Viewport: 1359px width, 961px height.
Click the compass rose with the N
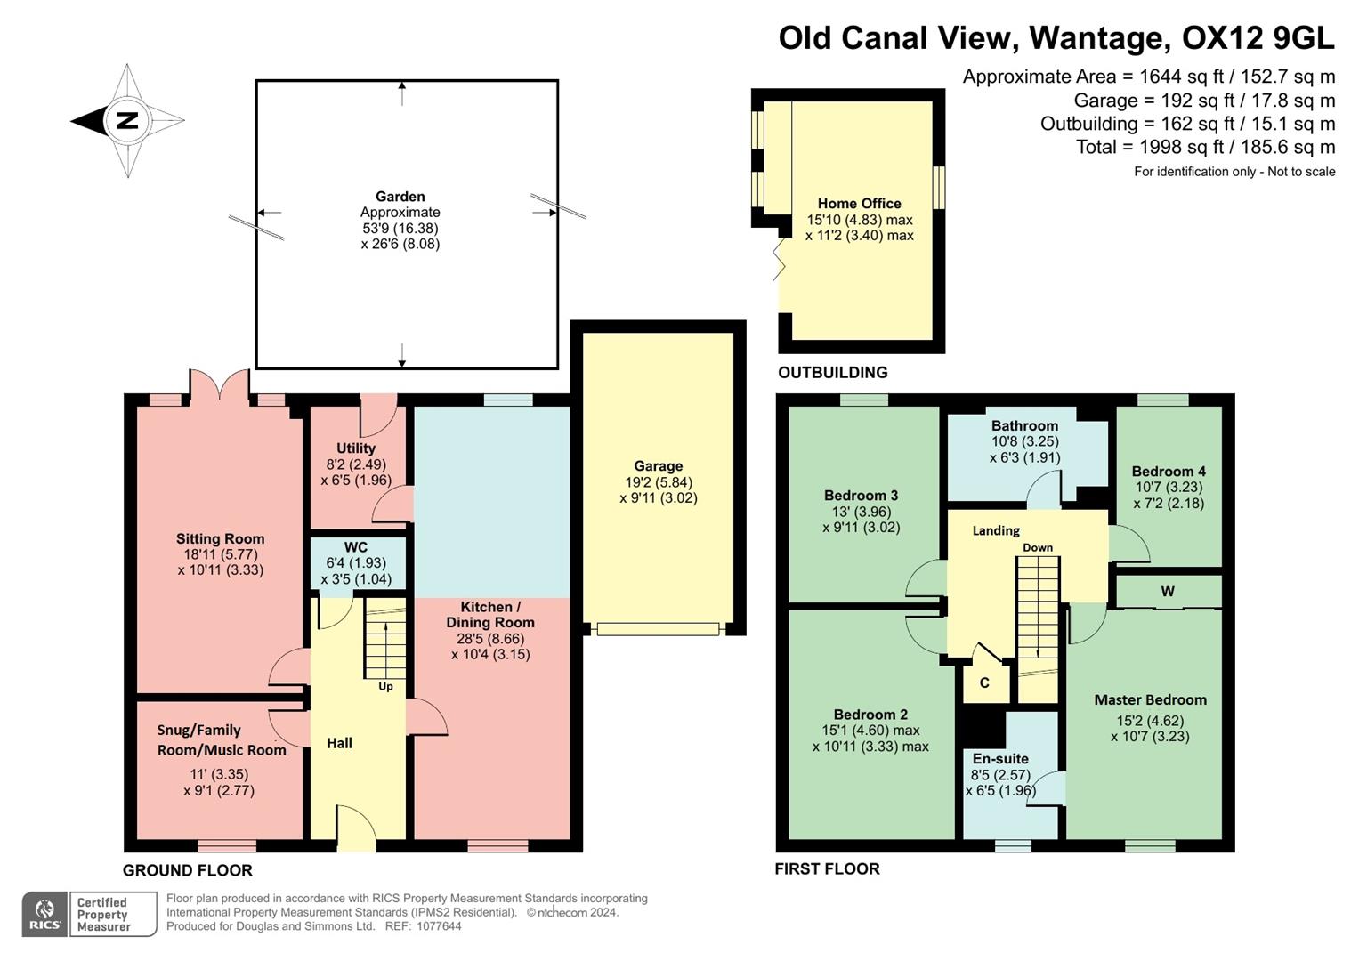point(127,120)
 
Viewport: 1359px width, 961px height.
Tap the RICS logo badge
point(44,914)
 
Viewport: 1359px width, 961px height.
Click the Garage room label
point(658,466)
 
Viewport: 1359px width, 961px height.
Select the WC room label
point(355,547)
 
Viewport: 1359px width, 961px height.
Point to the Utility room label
point(355,448)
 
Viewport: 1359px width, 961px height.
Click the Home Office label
point(859,204)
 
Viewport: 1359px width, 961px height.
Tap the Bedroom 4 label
point(1168,472)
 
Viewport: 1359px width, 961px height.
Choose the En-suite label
point(1000,759)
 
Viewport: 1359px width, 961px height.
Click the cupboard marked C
point(984,683)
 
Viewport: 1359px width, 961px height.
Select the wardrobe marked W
point(1168,592)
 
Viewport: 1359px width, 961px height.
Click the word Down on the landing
point(1038,548)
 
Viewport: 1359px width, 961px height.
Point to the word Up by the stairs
point(385,686)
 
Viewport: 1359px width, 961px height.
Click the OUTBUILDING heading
point(832,373)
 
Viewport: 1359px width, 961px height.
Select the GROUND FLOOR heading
point(188,870)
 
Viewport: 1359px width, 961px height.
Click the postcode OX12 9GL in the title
point(1258,38)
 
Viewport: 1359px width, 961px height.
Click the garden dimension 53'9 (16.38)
point(400,228)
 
